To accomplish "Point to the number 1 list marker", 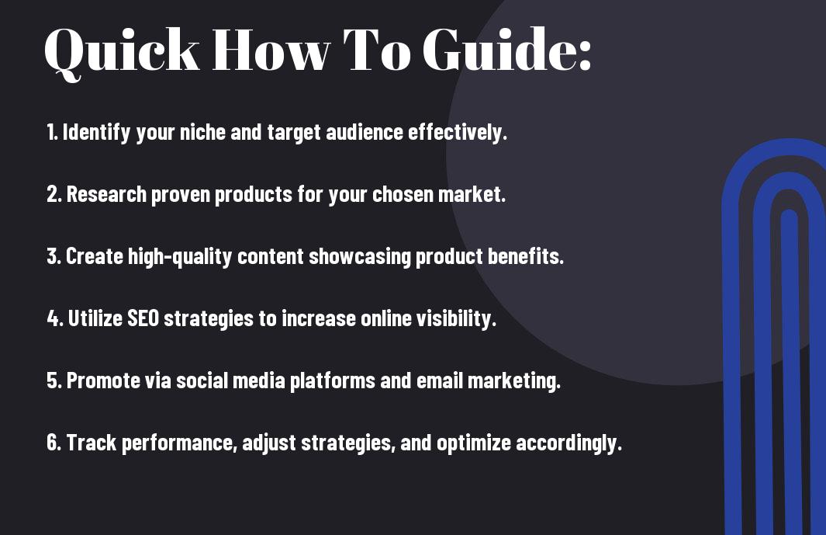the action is [x=52, y=132].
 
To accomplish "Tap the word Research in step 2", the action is [x=106, y=194].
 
